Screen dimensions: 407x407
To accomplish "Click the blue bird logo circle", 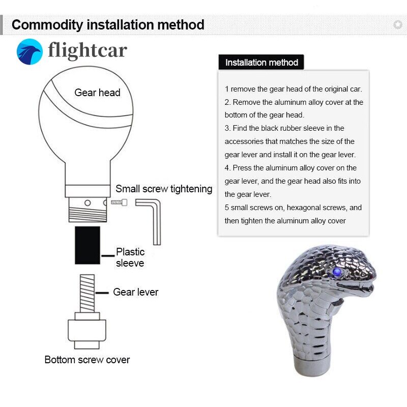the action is point(30,52).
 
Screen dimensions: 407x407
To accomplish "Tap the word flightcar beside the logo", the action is point(88,50).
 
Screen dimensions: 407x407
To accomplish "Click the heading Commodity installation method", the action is point(108,25).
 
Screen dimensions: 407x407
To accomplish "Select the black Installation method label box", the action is point(261,62).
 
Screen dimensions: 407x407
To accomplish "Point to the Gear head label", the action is point(97,93).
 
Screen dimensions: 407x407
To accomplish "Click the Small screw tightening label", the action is point(164,189).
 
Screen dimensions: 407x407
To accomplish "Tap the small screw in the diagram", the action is point(119,202).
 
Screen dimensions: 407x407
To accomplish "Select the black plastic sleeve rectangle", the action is point(88,245).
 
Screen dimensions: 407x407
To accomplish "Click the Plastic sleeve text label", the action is point(130,257).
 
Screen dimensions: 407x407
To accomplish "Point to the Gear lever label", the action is point(135,292).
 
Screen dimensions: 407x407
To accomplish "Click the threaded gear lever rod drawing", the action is point(87,294).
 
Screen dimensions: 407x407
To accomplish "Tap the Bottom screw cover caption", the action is point(87,360).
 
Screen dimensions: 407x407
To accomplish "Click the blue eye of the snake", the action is point(337,272).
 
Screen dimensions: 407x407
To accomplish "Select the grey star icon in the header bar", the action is point(398,25).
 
